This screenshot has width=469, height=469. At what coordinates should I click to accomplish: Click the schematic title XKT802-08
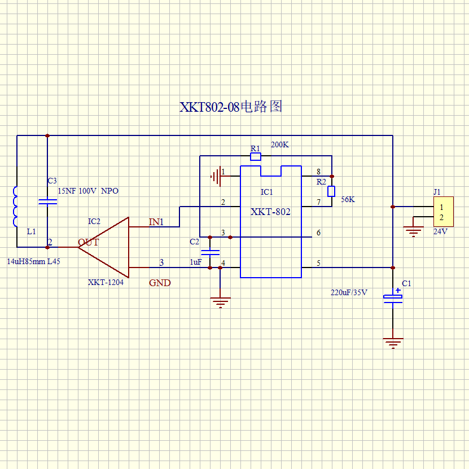(x=209, y=107)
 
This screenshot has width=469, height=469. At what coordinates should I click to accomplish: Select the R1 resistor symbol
(x=256, y=156)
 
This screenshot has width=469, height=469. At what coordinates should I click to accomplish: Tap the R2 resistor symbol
(x=331, y=191)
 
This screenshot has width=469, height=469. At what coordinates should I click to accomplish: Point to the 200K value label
(x=280, y=145)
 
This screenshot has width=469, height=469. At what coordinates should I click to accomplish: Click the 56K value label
(x=348, y=199)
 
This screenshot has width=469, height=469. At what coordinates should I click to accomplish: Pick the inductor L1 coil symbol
(x=15, y=207)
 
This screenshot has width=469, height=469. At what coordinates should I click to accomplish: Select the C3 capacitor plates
(x=47, y=202)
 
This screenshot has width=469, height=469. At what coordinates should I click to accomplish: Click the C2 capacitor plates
(x=210, y=252)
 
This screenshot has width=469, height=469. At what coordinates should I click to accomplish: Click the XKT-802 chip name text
(x=270, y=212)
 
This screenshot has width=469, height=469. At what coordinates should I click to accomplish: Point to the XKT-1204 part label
(x=106, y=282)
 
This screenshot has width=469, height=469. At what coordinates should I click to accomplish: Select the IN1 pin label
(x=156, y=222)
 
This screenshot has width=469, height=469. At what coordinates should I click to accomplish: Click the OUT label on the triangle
(x=88, y=242)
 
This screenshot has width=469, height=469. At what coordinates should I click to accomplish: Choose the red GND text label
(x=160, y=283)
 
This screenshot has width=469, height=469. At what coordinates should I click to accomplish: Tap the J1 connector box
(x=444, y=212)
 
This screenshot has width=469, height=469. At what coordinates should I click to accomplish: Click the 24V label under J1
(x=440, y=231)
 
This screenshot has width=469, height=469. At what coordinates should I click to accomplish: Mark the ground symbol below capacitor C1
(x=393, y=343)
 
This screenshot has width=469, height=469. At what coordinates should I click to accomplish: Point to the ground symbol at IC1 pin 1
(x=216, y=177)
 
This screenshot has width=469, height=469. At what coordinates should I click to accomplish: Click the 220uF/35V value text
(x=349, y=292)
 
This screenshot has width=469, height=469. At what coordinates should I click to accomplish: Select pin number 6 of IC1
(x=318, y=233)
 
